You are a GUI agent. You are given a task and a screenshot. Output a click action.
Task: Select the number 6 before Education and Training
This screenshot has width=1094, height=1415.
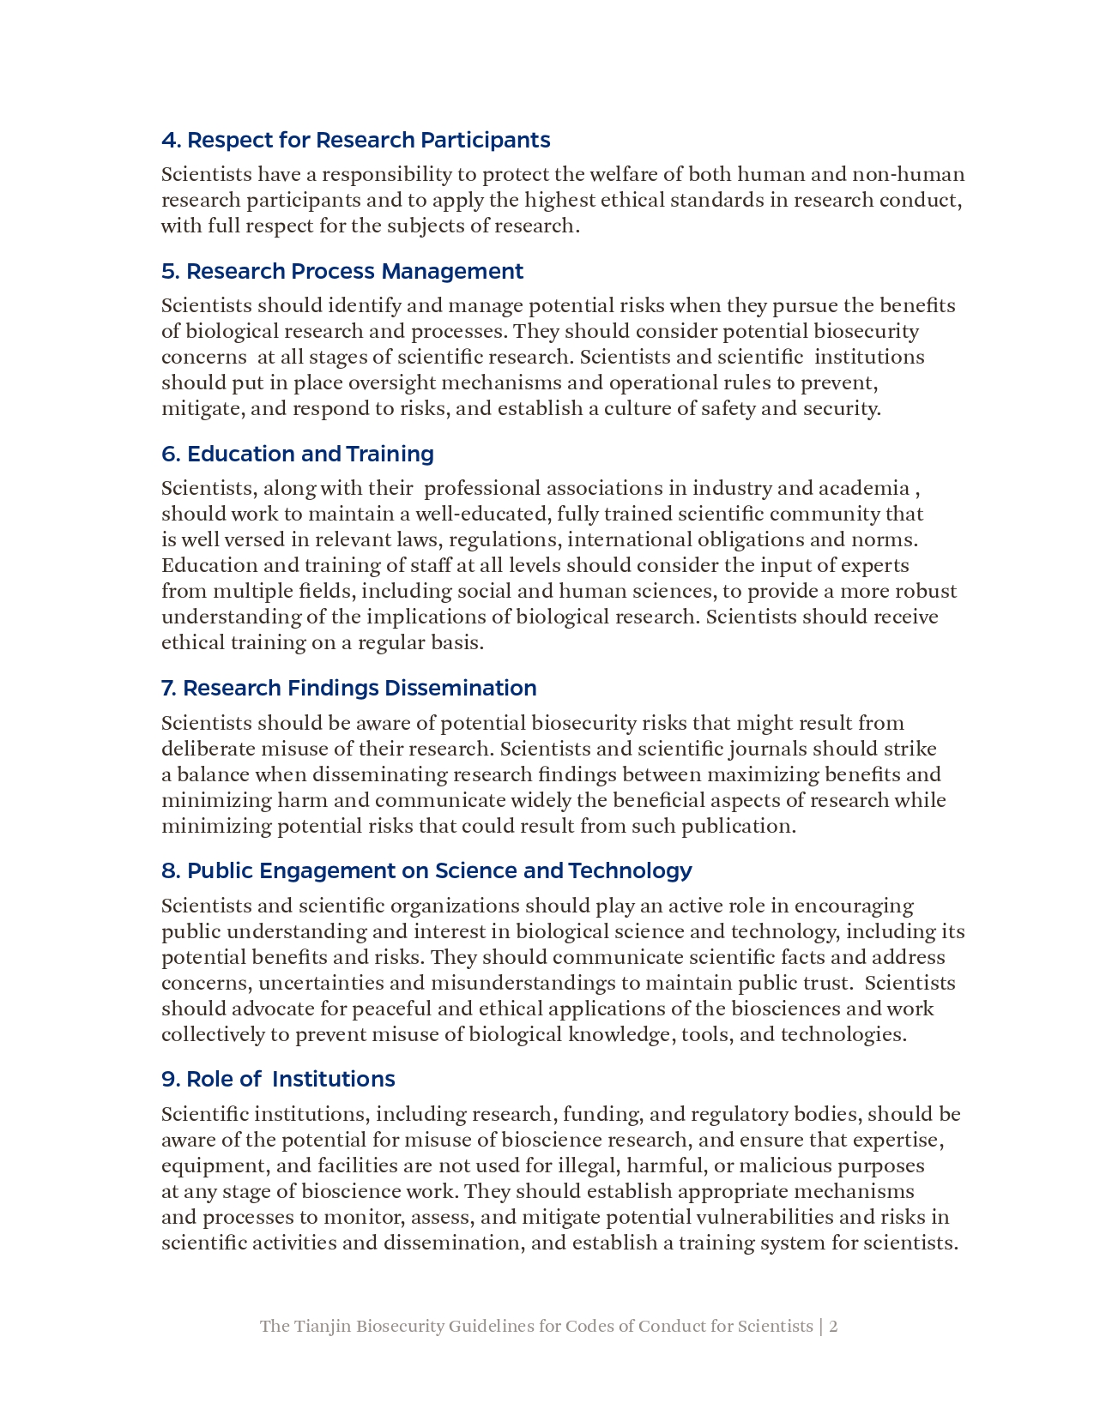(x=168, y=454)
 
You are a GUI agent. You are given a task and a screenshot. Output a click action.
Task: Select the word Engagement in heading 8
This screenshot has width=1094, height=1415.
(x=327, y=870)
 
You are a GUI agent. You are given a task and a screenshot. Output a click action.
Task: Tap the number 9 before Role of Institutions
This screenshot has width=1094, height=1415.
(x=168, y=1079)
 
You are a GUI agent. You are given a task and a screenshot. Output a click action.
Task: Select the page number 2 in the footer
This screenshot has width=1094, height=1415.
(x=833, y=1326)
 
